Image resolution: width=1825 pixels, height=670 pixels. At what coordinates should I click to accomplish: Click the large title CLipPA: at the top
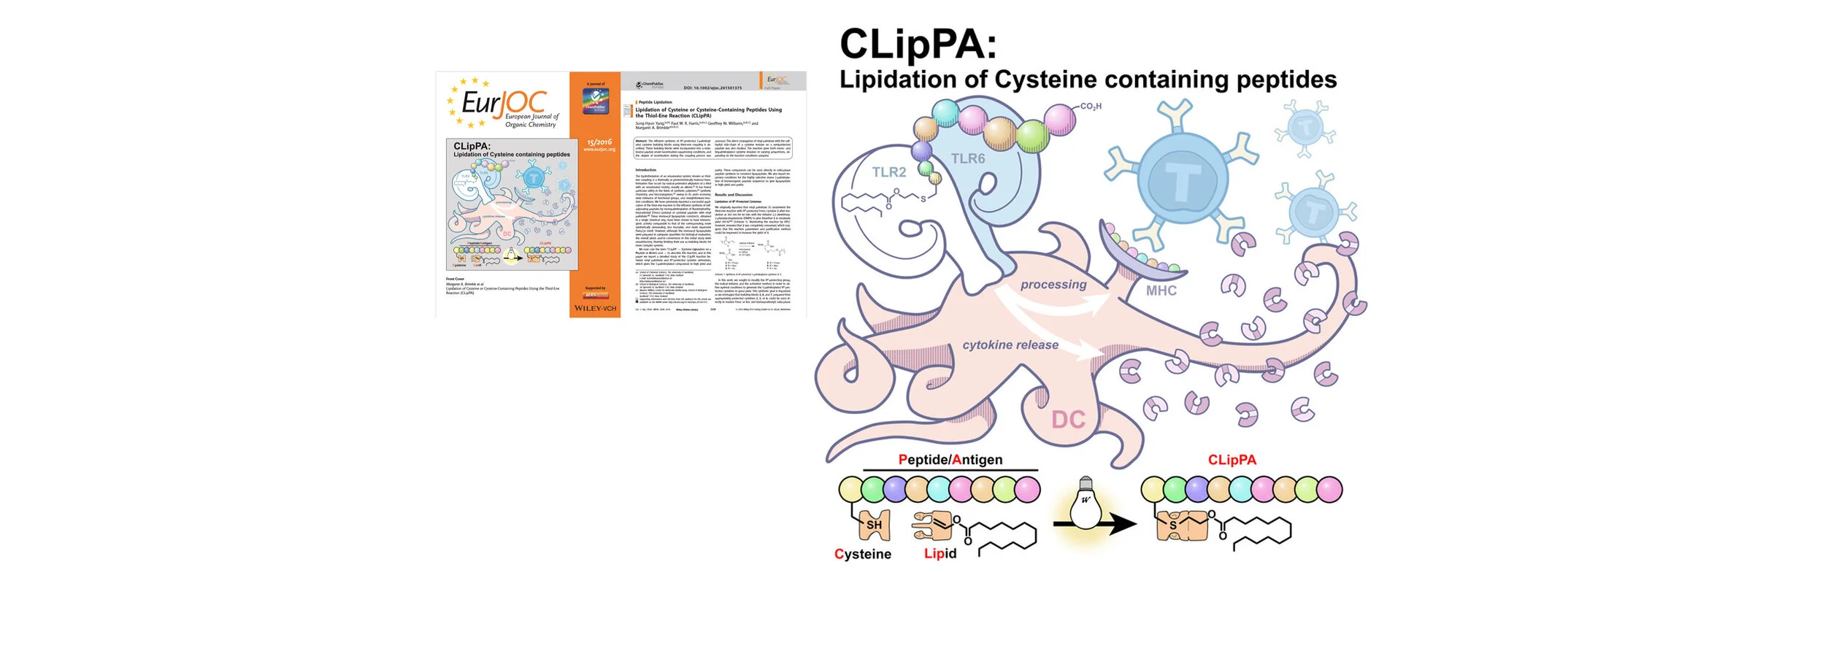click(x=918, y=45)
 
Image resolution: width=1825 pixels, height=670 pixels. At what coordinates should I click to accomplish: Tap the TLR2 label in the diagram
click(x=888, y=172)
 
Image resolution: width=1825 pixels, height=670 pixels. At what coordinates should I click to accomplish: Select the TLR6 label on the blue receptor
click(x=967, y=158)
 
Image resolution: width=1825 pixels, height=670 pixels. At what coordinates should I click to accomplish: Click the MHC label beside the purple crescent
click(x=1161, y=290)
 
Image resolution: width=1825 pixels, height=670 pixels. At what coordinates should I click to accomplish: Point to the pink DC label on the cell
click(x=1068, y=420)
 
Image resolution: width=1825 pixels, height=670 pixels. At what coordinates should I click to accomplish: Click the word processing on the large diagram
click(x=1053, y=285)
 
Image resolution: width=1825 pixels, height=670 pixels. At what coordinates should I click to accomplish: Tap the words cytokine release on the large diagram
click(x=1010, y=345)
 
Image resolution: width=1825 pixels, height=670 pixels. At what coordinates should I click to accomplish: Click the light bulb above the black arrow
click(x=1085, y=503)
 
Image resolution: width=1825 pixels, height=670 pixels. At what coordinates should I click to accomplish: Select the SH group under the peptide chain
click(x=874, y=525)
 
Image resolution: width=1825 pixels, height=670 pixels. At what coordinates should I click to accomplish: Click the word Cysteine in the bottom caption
click(x=862, y=554)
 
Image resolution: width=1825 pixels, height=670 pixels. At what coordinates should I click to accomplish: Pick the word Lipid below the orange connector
click(x=940, y=553)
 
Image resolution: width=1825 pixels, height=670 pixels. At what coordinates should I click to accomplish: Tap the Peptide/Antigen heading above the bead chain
click(x=950, y=460)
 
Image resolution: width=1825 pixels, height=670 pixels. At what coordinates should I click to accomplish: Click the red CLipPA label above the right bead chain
click(x=1232, y=460)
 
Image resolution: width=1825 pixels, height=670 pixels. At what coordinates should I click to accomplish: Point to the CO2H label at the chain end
click(x=1091, y=107)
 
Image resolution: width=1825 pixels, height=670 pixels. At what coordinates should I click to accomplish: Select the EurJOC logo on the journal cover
click(x=504, y=104)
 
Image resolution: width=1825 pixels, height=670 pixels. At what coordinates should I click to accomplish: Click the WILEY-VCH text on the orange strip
click(x=595, y=309)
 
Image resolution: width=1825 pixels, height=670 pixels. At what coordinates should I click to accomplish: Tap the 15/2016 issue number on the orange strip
click(x=599, y=142)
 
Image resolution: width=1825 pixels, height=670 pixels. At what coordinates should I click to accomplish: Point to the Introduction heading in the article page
click(x=645, y=170)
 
